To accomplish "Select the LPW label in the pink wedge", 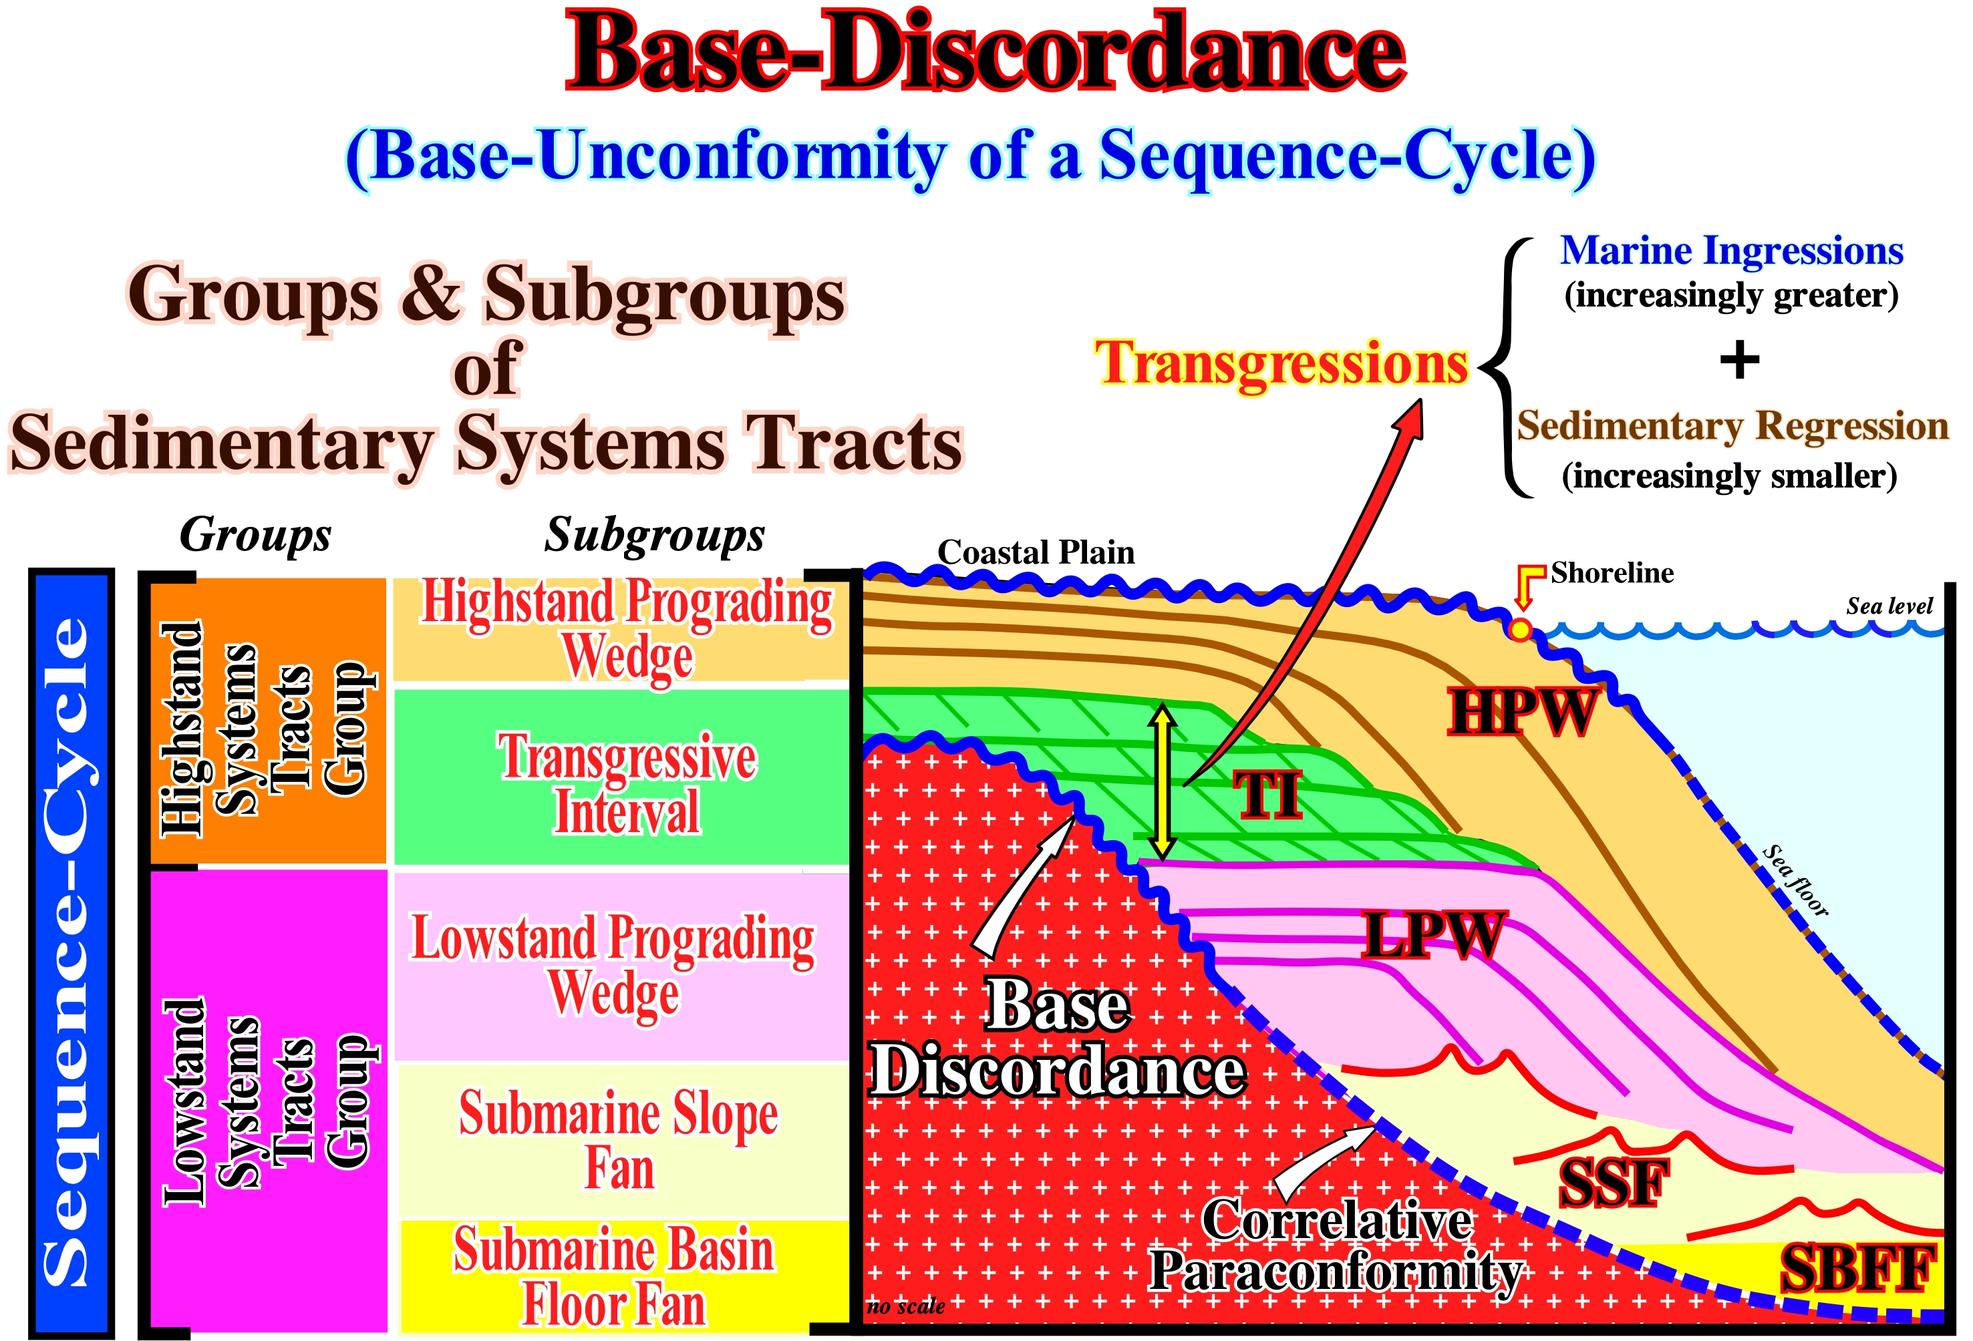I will coord(1432,936).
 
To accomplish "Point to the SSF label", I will coord(1613,1183).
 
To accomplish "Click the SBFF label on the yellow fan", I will coord(1857,1270).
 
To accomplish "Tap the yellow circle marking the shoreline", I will coord(1521,630).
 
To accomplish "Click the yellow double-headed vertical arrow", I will coord(1163,781).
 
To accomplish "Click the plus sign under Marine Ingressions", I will coord(1740,360).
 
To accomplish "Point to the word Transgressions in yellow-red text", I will coord(1282,363).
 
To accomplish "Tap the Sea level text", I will coord(1889,606).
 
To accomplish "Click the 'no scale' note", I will coord(906,1306).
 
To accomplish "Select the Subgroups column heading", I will coord(655,535).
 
